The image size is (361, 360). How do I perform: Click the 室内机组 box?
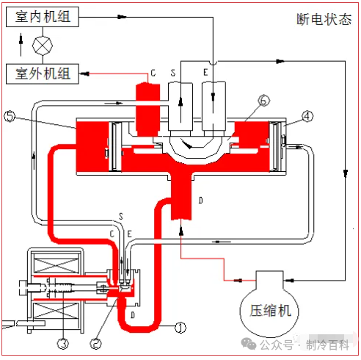pos(43,17)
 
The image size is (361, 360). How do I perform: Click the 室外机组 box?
pos(43,73)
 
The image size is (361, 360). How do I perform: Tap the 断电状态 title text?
pos(324,19)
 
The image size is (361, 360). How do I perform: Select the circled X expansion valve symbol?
pos(43,46)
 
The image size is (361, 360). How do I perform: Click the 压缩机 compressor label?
pos(270,311)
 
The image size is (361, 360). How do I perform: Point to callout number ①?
pos(180,328)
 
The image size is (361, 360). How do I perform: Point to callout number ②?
pos(96,344)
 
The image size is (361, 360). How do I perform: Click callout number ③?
pos(63,344)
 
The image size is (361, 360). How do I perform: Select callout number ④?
pos(307,116)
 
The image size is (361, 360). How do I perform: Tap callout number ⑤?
pos(10,116)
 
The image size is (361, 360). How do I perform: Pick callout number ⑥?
pos(264,101)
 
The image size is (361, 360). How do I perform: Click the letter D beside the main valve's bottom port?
pos(201,201)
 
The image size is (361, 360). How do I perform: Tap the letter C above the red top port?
pos(153,73)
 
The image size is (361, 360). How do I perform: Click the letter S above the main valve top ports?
pos(173,73)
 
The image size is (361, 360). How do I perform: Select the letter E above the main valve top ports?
pos(205,72)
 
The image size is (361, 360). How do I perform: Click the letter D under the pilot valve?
pos(133,314)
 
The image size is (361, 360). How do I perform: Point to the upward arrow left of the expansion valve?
pos(21,45)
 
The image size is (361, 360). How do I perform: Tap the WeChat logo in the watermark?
pos(249,344)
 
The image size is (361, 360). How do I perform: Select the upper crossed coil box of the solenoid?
pos(56,264)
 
